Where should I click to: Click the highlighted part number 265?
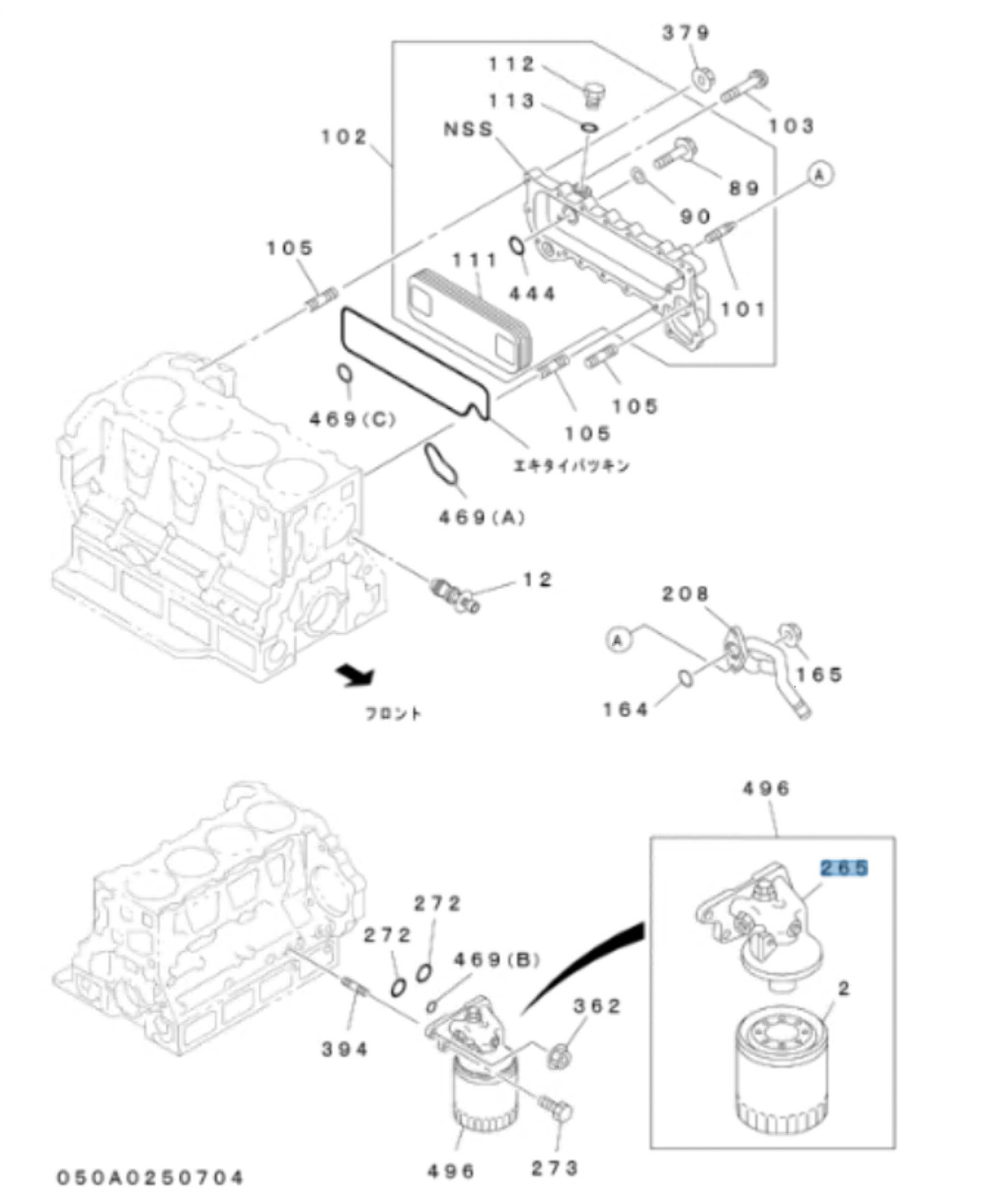coord(843,868)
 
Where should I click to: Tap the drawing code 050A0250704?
coord(149,1176)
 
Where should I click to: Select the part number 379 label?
coord(685,33)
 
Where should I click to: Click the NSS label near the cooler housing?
coord(468,129)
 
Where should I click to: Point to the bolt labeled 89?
coord(676,153)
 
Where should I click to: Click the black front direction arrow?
coord(354,676)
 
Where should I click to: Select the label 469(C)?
coord(351,419)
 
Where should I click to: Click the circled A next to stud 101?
coord(820,174)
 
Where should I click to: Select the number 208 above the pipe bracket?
coord(684,594)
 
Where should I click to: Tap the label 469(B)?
coord(496,959)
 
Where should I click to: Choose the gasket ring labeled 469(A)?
coord(442,467)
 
